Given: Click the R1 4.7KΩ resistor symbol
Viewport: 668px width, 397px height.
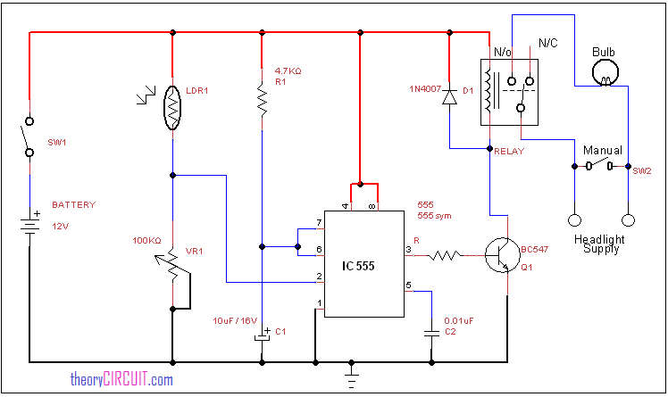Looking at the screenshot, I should [x=261, y=100].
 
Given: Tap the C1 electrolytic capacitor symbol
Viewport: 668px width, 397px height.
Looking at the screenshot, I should [x=261, y=337].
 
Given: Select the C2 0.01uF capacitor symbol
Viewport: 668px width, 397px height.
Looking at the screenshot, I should [x=432, y=331].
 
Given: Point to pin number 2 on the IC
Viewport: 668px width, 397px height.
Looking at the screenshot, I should [x=319, y=277].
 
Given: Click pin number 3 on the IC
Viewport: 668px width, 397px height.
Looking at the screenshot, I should [x=409, y=250].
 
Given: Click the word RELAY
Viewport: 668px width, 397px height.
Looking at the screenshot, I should [x=509, y=153].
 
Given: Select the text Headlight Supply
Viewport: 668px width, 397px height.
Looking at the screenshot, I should [x=600, y=244].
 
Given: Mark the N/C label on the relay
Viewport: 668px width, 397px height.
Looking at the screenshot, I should [x=548, y=44].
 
